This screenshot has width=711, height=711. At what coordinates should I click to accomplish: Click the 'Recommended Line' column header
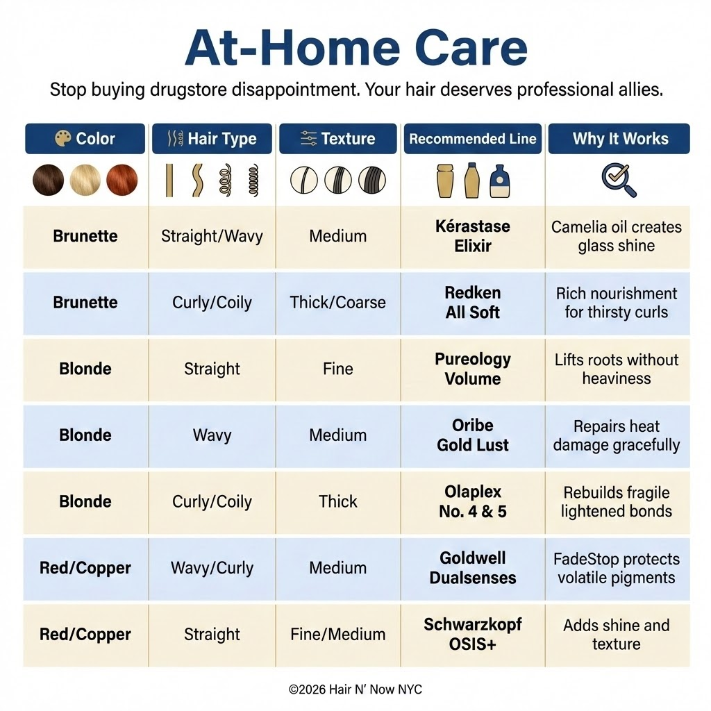click(472, 139)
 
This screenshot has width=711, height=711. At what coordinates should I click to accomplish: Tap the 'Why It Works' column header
click(619, 139)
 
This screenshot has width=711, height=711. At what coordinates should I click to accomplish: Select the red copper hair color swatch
click(122, 180)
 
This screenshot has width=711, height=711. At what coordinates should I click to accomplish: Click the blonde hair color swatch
click(85, 180)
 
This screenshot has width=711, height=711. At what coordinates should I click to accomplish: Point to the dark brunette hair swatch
click(49, 180)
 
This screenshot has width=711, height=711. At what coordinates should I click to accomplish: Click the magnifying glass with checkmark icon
click(619, 180)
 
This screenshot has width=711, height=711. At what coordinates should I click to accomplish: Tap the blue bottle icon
click(500, 181)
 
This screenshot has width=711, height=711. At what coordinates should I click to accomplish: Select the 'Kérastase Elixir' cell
click(472, 236)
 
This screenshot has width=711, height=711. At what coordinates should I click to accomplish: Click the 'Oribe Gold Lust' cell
click(472, 435)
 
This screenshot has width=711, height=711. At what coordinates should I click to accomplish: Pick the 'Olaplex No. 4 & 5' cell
click(472, 501)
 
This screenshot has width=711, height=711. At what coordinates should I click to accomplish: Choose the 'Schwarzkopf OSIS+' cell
click(472, 634)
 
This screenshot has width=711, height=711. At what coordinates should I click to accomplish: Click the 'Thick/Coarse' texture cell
click(338, 303)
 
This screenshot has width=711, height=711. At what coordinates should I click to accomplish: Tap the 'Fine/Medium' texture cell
click(338, 634)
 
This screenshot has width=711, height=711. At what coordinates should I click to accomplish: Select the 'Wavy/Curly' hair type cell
click(212, 568)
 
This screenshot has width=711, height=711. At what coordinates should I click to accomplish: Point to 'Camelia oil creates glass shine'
click(617, 236)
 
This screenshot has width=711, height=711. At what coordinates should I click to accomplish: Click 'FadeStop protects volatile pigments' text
click(617, 568)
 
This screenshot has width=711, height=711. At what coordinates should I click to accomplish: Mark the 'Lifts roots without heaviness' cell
click(617, 369)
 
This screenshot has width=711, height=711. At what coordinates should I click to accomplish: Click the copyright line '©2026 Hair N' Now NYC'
click(355, 689)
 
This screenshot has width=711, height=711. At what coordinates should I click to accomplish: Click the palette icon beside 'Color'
click(63, 138)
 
